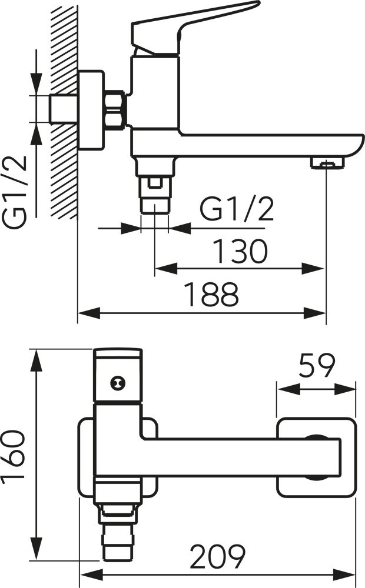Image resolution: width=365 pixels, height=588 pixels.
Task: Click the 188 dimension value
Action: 212,295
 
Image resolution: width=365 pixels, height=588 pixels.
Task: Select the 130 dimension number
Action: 240,251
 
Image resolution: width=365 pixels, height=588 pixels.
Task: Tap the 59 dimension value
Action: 316,365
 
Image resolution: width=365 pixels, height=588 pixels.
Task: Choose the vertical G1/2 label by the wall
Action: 15,191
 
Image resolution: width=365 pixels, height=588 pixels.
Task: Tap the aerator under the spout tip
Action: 327,162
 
